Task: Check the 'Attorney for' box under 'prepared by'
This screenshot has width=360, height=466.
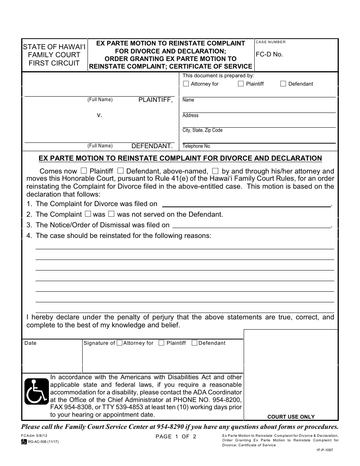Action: pyautogui.click(x=186, y=84)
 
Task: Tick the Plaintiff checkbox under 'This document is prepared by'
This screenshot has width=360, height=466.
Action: pyautogui.click(x=241, y=84)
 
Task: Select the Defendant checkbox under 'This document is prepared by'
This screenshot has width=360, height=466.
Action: pyautogui.click(x=283, y=84)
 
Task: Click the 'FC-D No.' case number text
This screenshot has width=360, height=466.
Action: pyautogui.click(x=269, y=54)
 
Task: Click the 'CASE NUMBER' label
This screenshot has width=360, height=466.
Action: pyautogui.click(x=271, y=42)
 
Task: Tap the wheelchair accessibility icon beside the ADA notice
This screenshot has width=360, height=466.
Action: pyautogui.click(x=36, y=392)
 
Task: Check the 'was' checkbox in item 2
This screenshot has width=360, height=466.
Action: pyautogui.click(x=88, y=214)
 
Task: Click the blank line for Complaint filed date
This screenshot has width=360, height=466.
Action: pyautogui.click(x=246, y=205)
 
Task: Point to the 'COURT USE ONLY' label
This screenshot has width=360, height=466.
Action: pyautogui.click(x=291, y=417)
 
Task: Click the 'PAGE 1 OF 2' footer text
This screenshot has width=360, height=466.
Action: pyautogui.click(x=176, y=436)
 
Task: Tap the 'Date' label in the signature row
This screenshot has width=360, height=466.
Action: pyautogui.click(x=30, y=343)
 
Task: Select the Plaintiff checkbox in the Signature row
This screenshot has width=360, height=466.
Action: pyautogui.click(x=161, y=343)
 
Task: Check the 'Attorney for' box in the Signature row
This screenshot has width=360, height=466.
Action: pyautogui.click(x=119, y=343)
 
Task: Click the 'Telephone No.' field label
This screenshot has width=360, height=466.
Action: pyautogui.click(x=196, y=146)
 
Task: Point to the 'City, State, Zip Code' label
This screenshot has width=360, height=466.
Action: pyautogui.click(x=202, y=130)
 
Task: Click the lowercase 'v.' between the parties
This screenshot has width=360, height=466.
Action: pyautogui.click(x=100, y=114)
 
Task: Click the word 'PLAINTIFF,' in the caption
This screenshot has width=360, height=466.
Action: pyautogui.click(x=155, y=100)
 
